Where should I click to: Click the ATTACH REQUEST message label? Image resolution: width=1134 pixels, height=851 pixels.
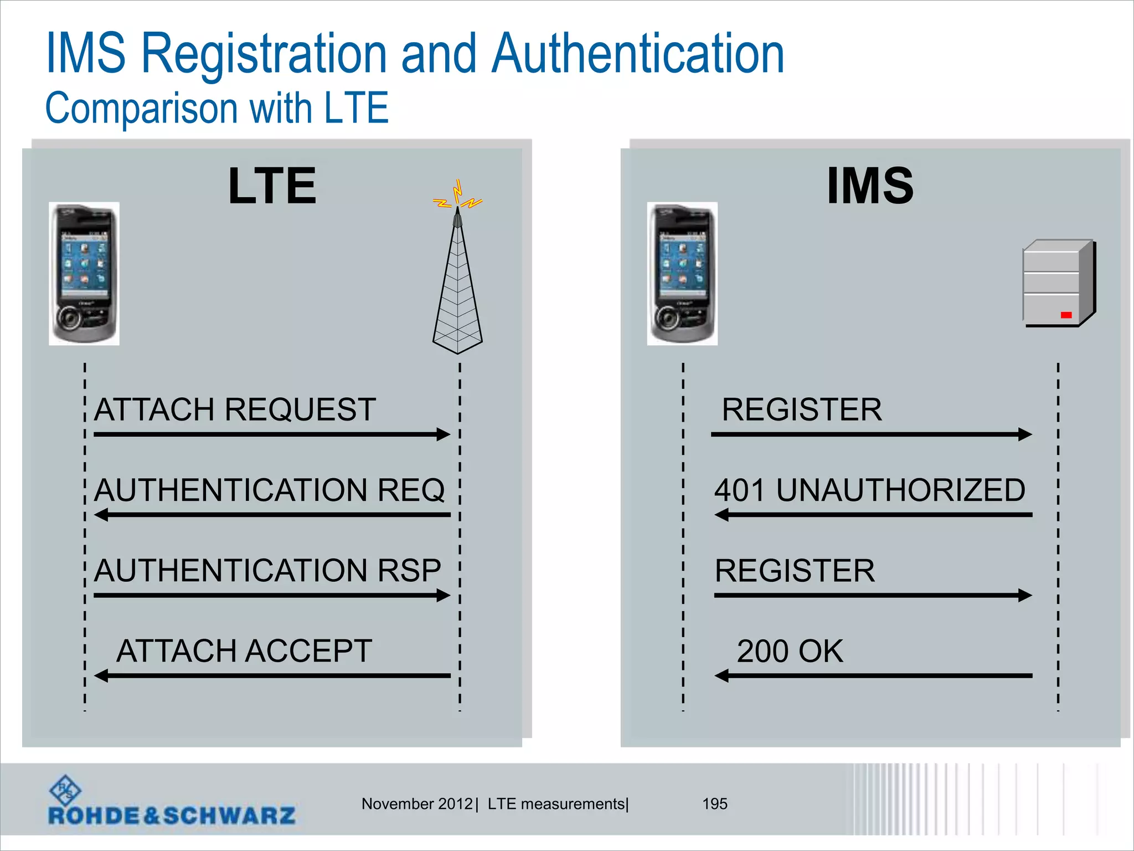click(235, 410)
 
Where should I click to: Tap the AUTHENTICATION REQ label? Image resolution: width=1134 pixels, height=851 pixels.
click(269, 490)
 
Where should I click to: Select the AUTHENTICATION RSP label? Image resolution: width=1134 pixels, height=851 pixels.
click(267, 571)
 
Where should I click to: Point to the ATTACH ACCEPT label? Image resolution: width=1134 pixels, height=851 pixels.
click(244, 651)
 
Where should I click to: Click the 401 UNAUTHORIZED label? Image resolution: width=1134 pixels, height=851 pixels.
click(869, 490)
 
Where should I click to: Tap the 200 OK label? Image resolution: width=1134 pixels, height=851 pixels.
click(790, 651)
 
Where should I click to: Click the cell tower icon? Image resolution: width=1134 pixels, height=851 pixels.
click(457, 283)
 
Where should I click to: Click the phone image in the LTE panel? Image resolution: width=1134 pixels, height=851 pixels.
click(84, 274)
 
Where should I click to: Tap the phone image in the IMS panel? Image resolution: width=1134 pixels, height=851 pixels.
click(682, 274)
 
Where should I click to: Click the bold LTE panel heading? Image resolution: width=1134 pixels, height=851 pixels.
click(272, 186)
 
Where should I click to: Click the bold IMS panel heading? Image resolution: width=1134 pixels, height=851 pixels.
click(870, 186)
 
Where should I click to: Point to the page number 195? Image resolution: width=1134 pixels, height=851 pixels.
click(714, 804)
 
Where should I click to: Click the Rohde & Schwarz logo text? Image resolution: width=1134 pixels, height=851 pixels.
click(172, 816)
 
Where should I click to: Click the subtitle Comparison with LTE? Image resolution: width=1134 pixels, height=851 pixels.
click(217, 108)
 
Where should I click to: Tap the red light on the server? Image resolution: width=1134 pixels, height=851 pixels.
click(1066, 315)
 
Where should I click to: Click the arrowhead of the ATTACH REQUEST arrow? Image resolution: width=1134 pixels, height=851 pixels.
click(444, 434)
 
